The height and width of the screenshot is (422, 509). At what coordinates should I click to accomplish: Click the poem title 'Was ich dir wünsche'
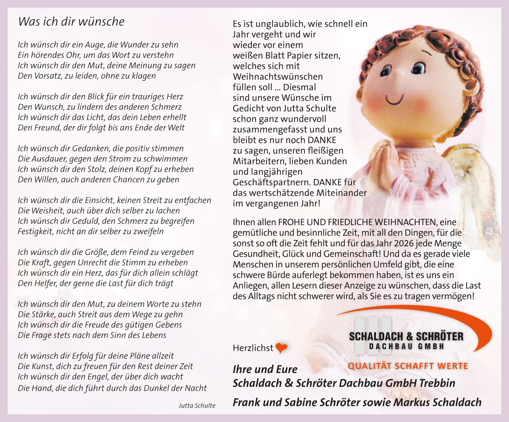[71, 21]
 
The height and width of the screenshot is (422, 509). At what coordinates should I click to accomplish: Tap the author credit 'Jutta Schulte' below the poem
[197, 405]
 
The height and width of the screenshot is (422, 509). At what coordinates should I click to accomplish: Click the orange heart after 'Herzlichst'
[281, 348]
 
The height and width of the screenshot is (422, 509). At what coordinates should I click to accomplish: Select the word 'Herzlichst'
[253, 348]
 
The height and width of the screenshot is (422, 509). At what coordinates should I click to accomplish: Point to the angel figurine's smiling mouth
[395, 99]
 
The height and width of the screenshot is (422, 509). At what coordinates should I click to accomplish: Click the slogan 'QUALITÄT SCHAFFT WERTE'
[408, 366]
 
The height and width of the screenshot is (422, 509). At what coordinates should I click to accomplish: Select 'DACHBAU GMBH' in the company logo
[407, 346]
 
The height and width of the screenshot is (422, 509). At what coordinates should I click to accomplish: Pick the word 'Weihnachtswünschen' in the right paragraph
[278, 77]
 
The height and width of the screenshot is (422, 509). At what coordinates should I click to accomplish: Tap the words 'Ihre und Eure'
[265, 369]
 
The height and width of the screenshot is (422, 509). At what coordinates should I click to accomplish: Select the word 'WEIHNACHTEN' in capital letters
[406, 222]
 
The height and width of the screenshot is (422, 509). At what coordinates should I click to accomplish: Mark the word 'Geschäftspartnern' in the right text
[271, 183]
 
